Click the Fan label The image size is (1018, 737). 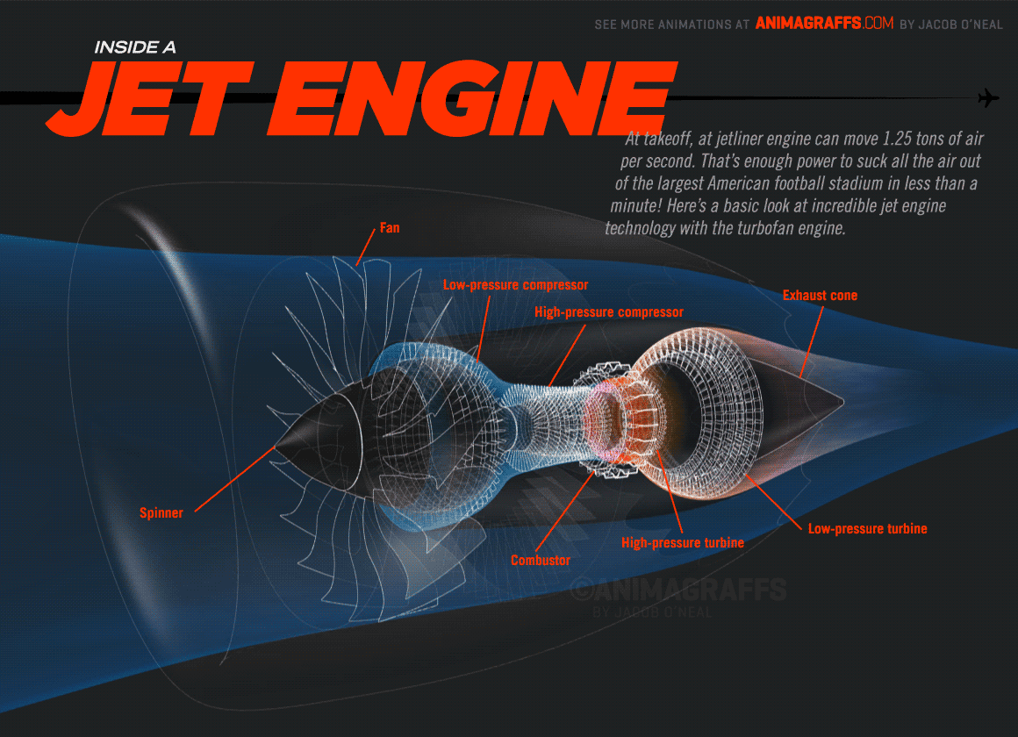389,228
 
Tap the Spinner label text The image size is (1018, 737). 161,513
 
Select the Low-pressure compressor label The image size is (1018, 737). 515,285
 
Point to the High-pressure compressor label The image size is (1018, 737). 608,312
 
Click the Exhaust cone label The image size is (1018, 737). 820,296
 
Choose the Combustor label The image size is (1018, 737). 541,560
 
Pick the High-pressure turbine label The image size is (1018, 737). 682,542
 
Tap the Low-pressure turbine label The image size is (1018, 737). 867,528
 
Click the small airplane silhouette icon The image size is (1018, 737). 988,97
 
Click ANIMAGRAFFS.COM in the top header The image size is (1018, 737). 823,25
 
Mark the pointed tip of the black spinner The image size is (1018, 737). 276,447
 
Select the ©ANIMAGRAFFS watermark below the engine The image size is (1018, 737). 677,589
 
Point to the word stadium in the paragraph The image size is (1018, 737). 857,184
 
